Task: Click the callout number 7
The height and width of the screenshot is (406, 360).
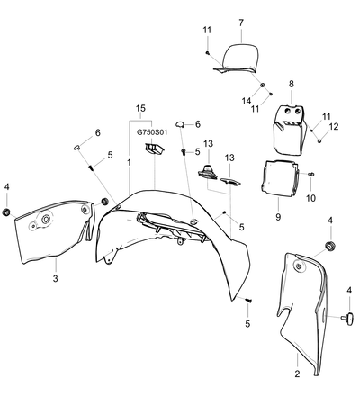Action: (x=241, y=23)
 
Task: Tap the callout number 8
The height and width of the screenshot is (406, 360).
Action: (x=292, y=84)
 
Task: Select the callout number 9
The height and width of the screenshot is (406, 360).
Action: (x=278, y=217)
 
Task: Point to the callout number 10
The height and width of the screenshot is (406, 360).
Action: (x=311, y=198)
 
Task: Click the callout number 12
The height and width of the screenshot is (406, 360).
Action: (x=334, y=127)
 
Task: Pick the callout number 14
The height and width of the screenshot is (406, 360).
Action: (x=247, y=101)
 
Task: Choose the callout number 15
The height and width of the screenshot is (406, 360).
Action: (x=140, y=108)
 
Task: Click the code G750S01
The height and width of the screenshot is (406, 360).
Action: (x=152, y=132)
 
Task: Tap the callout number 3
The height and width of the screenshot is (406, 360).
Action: (x=55, y=278)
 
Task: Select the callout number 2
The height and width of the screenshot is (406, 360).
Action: (x=297, y=374)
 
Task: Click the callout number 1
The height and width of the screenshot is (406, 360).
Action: (x=129, y=163)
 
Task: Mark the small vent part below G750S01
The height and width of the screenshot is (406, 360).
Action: (x=154, y=149)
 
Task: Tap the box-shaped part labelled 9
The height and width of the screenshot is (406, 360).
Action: (x=280, y=178)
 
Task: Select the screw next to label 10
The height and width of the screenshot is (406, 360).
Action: (x=311, y=174)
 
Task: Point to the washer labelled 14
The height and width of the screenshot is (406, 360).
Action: (x=263, y=86)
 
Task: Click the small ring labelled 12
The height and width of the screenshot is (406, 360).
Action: (x=319, y=140)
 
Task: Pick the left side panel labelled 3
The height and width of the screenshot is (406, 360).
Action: (x=54, y=232)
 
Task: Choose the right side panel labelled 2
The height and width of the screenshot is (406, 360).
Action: (x=303, y=312)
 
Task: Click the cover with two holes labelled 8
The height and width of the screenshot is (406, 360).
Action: (x=290, y=130)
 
